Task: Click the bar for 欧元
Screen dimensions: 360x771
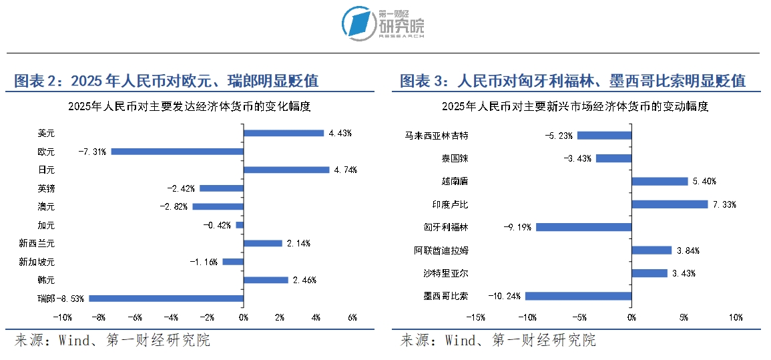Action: click(177, 152)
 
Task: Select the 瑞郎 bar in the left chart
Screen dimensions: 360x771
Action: click(166, 299)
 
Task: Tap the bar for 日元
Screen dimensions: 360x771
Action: click(286, 170)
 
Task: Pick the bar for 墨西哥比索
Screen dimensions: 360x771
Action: click(578, 296)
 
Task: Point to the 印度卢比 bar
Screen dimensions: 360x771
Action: click(670, 204)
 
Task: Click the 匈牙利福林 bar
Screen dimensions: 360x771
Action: click(583, 227)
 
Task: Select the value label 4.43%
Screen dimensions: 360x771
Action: click(340, 133)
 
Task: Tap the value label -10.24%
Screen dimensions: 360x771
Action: click(504, 296)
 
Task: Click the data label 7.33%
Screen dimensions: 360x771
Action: click(724, 204)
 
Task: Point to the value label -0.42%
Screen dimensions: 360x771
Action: click(217, 225)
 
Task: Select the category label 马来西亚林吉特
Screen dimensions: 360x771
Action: click(437, 136)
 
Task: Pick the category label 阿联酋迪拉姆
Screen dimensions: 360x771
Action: click(441, 250)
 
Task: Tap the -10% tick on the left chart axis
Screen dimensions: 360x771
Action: click(62, 317)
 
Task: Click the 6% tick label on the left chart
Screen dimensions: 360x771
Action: click(352, 317)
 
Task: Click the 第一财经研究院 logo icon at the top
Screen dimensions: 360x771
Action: click(358, 23)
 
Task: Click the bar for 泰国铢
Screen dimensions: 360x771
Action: click(613, 158)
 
